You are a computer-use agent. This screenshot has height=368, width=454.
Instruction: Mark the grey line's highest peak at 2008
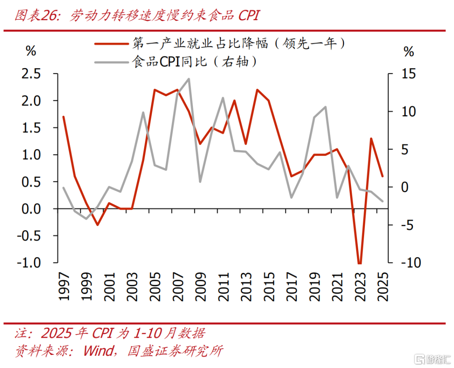click(x=189, y=79)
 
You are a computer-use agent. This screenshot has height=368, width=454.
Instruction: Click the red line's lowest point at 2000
click(x=98, y=225)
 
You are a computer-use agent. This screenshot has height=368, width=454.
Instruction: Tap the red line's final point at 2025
click(x=383, y=176)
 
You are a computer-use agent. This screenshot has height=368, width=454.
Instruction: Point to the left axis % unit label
click(x=32, y=51)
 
